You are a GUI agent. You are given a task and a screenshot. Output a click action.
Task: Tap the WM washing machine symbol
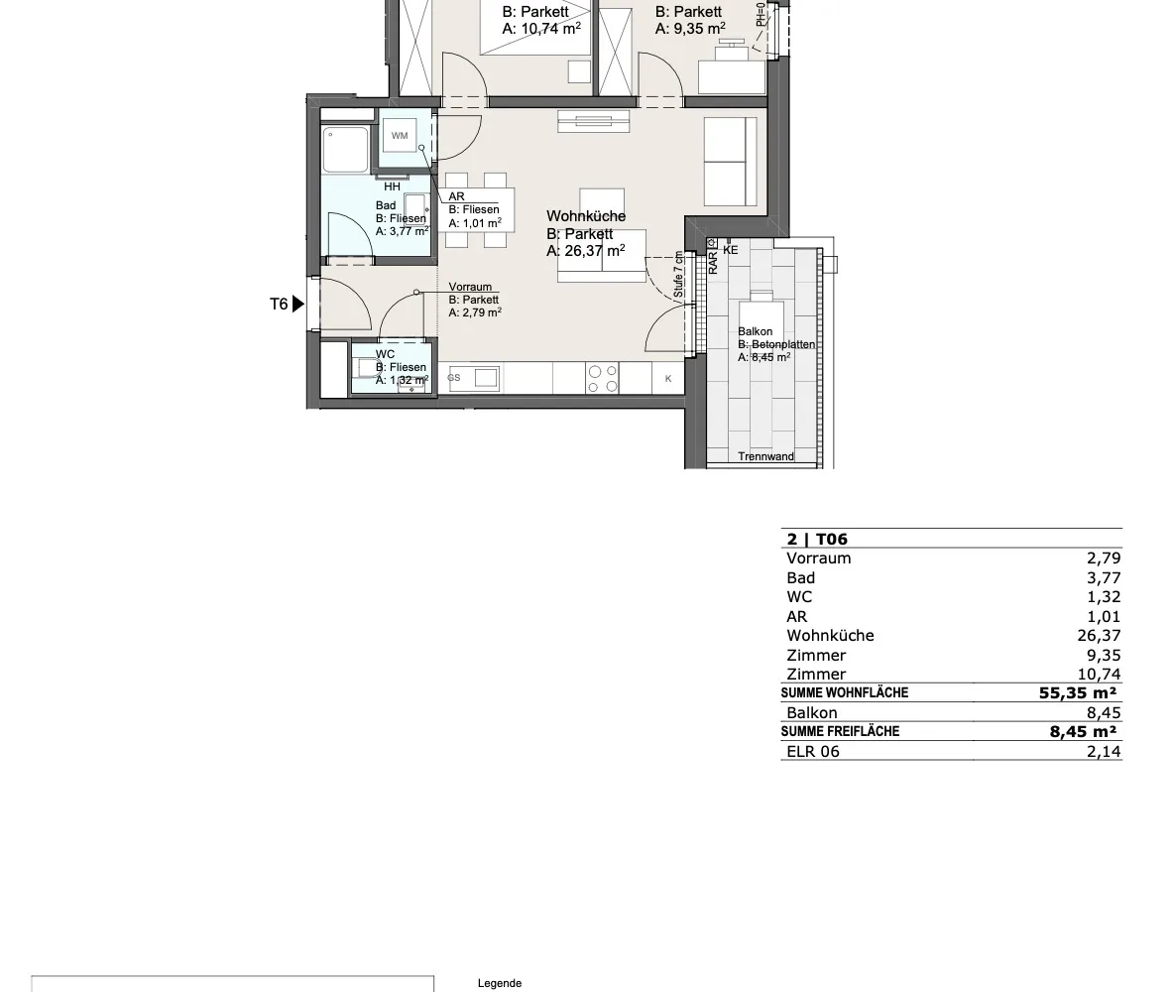click(400, 135)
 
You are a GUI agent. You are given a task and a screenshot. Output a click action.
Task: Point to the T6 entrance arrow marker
click(298, 305)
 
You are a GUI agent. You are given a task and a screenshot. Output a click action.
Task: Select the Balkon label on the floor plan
click(755, 331)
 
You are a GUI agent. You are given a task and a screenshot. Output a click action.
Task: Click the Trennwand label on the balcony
click(766, 456)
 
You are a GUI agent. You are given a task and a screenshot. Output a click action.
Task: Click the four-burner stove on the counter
click(603, 378)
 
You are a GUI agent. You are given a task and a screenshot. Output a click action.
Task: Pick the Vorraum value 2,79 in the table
click(1104, 558)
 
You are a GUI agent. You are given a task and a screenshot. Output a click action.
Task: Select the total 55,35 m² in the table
click(1078, 693)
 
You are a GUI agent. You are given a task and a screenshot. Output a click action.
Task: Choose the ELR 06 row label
click(813, 751)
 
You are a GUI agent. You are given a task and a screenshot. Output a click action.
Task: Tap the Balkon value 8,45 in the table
click(1104, 712)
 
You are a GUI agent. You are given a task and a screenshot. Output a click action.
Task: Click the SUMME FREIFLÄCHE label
click(840, 732)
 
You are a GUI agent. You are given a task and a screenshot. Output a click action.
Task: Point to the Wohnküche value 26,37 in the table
click(1099, 636)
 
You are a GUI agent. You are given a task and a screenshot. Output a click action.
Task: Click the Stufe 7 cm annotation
click(678, 275)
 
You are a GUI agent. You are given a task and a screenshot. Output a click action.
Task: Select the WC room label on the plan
click(385, 354)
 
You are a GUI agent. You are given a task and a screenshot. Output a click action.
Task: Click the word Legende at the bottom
click(500, 983)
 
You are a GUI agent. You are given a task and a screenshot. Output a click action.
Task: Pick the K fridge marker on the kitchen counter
click(668, 379)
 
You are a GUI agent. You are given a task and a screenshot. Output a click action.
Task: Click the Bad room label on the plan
click(386, 205)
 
